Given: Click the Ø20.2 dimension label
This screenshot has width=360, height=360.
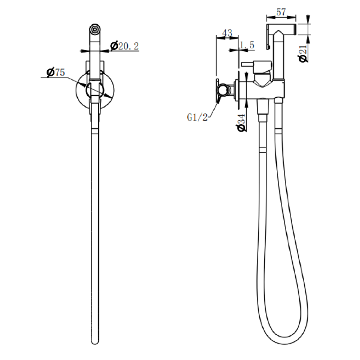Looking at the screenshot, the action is [x=125, y=46].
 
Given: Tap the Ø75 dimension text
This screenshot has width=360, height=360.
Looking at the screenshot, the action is [x=56, y=72].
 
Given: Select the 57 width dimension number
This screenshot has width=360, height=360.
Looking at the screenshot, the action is [x=281, y=12].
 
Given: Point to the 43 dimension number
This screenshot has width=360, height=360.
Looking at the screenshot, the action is [x=227, y=33].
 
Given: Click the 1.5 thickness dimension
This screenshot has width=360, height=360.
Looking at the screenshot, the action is [x=247, y=45].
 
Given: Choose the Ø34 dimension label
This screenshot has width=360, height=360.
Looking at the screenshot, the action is [x=242, y=123].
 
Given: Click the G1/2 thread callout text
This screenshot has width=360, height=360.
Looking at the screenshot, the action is [x=197, y=117].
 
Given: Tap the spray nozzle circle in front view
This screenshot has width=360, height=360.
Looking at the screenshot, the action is [x=95, y=29].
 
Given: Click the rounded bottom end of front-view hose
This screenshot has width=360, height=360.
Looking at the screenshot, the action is [x=95, y=342].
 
